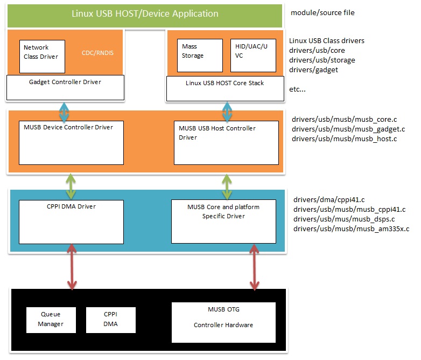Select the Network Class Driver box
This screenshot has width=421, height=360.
(42, 56)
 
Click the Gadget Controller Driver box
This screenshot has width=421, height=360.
(65, 87)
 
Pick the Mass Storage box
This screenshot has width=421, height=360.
(200, 55)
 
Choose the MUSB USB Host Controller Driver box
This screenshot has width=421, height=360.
(226, 142)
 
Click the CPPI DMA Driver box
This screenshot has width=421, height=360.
(71, 221)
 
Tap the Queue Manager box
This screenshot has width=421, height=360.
(51, 319)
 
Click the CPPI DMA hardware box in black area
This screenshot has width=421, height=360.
(110, 319)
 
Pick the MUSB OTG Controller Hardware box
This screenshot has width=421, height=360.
(223, 322)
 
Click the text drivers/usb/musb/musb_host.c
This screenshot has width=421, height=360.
(344, 139)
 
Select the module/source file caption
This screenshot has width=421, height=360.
(322, 12)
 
